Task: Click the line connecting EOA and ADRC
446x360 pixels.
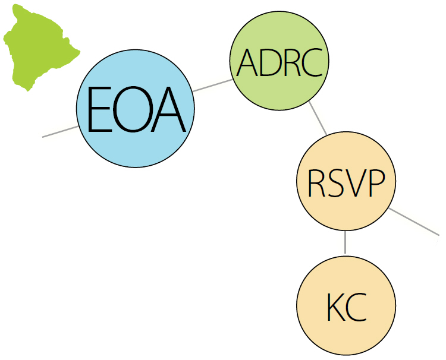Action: [x=212, y=86]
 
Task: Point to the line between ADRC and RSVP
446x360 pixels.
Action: [x=318, y=118]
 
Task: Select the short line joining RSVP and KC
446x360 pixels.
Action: [x=346, y=242]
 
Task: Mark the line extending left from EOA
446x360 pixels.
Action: [x=60, y=131]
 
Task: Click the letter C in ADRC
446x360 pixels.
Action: [x=310, y=62]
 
